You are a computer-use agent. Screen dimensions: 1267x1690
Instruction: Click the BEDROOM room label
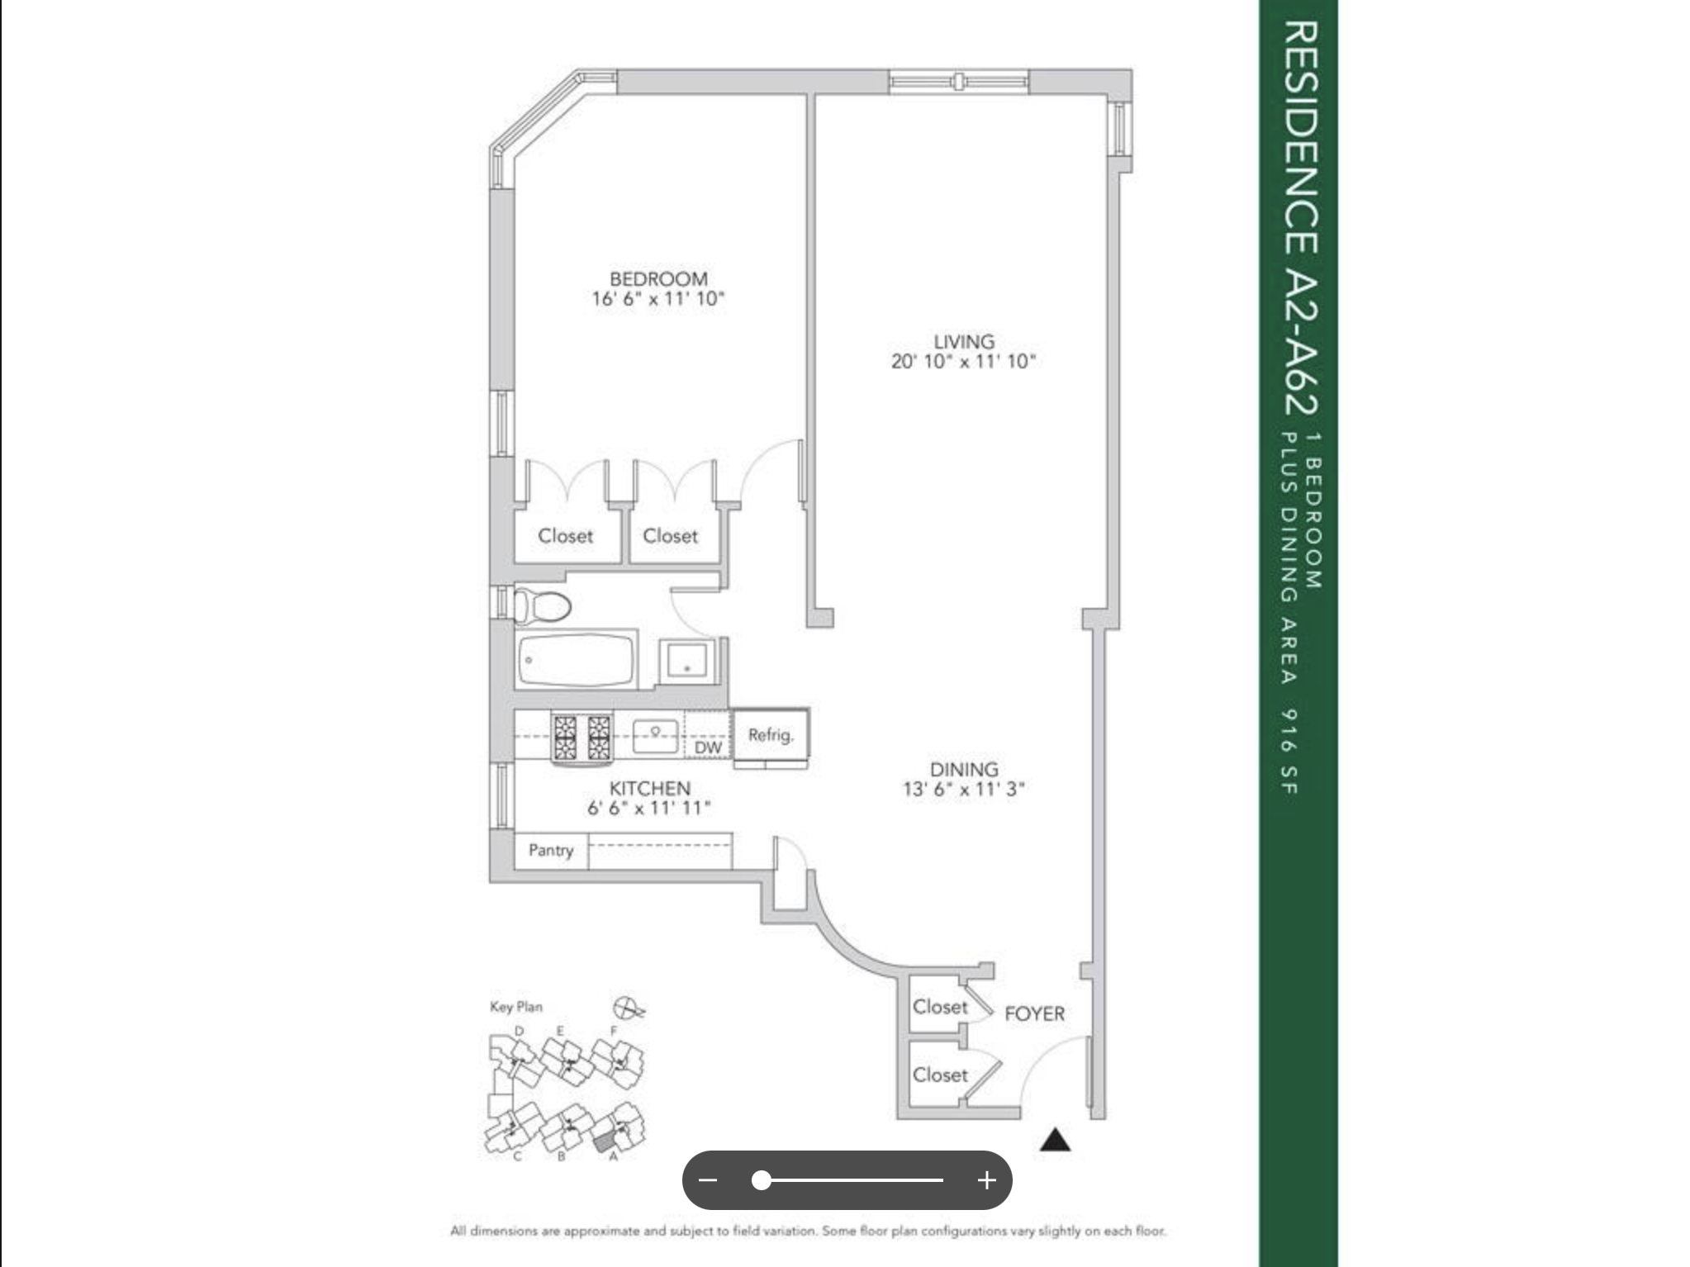coord(658,279)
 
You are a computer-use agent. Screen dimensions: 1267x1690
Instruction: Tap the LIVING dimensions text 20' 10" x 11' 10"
coord(963,362)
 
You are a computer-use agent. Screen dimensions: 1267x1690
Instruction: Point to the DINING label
coord(963,769)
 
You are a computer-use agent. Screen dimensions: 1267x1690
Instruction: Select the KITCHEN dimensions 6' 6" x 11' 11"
coord(649,809)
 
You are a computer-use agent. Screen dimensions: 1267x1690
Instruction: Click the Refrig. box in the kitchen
coord(771,734)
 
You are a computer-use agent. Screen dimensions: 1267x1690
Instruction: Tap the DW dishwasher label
coord(708,747)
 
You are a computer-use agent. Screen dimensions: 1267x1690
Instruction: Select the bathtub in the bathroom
coord(576,659)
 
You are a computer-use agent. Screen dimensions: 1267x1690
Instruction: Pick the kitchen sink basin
coord(656,734)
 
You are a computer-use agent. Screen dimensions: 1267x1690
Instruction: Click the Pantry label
coord(550,851)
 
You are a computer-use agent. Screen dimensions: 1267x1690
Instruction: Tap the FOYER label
coord(1034,1013)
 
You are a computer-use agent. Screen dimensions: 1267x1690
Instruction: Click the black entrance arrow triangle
coord(1055,1141)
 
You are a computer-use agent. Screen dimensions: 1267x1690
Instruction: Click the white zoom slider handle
coord(762,1180)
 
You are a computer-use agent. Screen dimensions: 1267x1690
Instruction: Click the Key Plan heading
coord(516,1007)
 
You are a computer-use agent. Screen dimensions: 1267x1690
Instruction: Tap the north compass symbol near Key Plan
coord(629,1008)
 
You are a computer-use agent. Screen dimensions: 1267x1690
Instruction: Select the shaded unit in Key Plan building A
coord(605,1141)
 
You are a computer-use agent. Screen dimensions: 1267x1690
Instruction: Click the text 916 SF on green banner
coord(1289,751)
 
